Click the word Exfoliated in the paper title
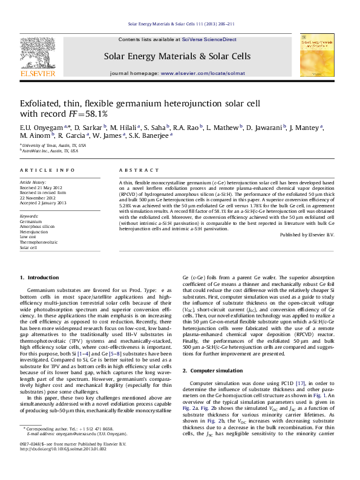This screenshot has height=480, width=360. point(41,103)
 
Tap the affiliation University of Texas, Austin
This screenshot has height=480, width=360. point(54,146)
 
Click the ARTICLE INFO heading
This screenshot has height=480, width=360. point(48,170)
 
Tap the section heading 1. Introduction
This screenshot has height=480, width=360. point(40,277)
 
